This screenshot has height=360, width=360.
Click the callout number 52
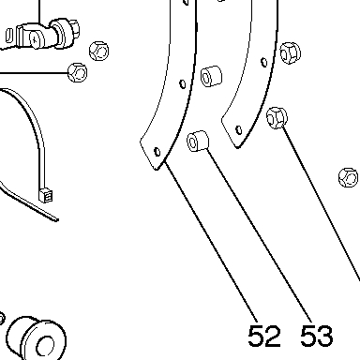pyautogui.click(x=264, y=336)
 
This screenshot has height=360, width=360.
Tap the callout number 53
pyautogui.click(x=317, y=336)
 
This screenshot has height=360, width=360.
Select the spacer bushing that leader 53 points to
pyautogui.click(x=198, y=141)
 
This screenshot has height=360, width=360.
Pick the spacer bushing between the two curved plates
pyautogui.click(x=211, y=76)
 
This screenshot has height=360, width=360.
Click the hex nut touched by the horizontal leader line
pyautogui.click(x=78, y=72)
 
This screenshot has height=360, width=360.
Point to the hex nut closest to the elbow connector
pyautogui.click(x=99, y=51)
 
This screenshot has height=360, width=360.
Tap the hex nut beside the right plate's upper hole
pyautogui.click(x=290, y=52)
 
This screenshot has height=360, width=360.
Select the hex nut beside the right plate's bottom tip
pyautogui.click(x=277, y=117)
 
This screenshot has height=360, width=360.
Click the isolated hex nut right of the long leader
pyautogui.click(x=349, y=177)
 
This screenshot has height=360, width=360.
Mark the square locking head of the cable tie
pyautogui.click(x=46, y=196)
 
